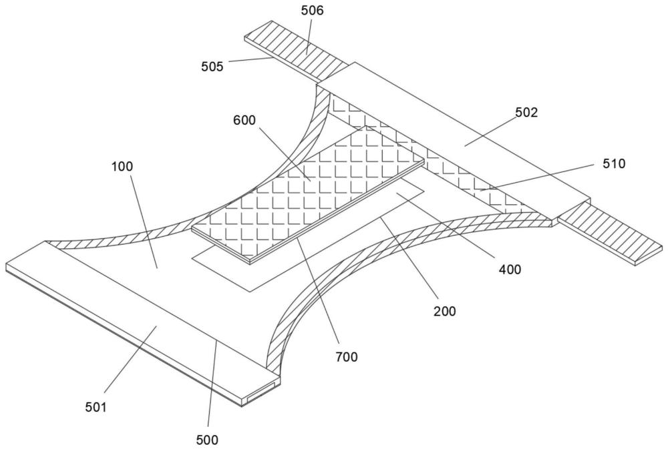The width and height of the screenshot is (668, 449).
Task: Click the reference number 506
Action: [x=312, y=11]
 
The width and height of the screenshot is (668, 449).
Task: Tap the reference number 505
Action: [x=212, y=67]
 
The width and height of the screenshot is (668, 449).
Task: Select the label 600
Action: [x=244, y=121]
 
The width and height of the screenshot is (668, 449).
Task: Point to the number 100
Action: [x=122, y=166]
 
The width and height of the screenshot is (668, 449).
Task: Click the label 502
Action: [x=526, y=112]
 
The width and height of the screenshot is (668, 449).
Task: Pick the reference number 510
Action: [x=614, y=163]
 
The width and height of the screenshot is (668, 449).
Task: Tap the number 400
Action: [x=510, y=270]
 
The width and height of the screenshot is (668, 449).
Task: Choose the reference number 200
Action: [x=445, y=311]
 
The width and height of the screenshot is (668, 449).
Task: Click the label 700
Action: [x=346, y=357]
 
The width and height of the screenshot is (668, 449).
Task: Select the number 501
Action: [x=96, y=407]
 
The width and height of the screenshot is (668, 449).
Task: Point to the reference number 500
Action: [x=207, y=440]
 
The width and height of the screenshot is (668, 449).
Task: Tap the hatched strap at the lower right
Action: [x=610, y=233]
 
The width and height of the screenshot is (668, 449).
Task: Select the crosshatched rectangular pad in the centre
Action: [x=308, y=194]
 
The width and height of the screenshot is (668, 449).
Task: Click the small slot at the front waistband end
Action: [x=261, y=392]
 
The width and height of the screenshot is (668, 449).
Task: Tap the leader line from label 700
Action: [x=317, y=291]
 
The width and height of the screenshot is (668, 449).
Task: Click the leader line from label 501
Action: [x=130, y=359]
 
